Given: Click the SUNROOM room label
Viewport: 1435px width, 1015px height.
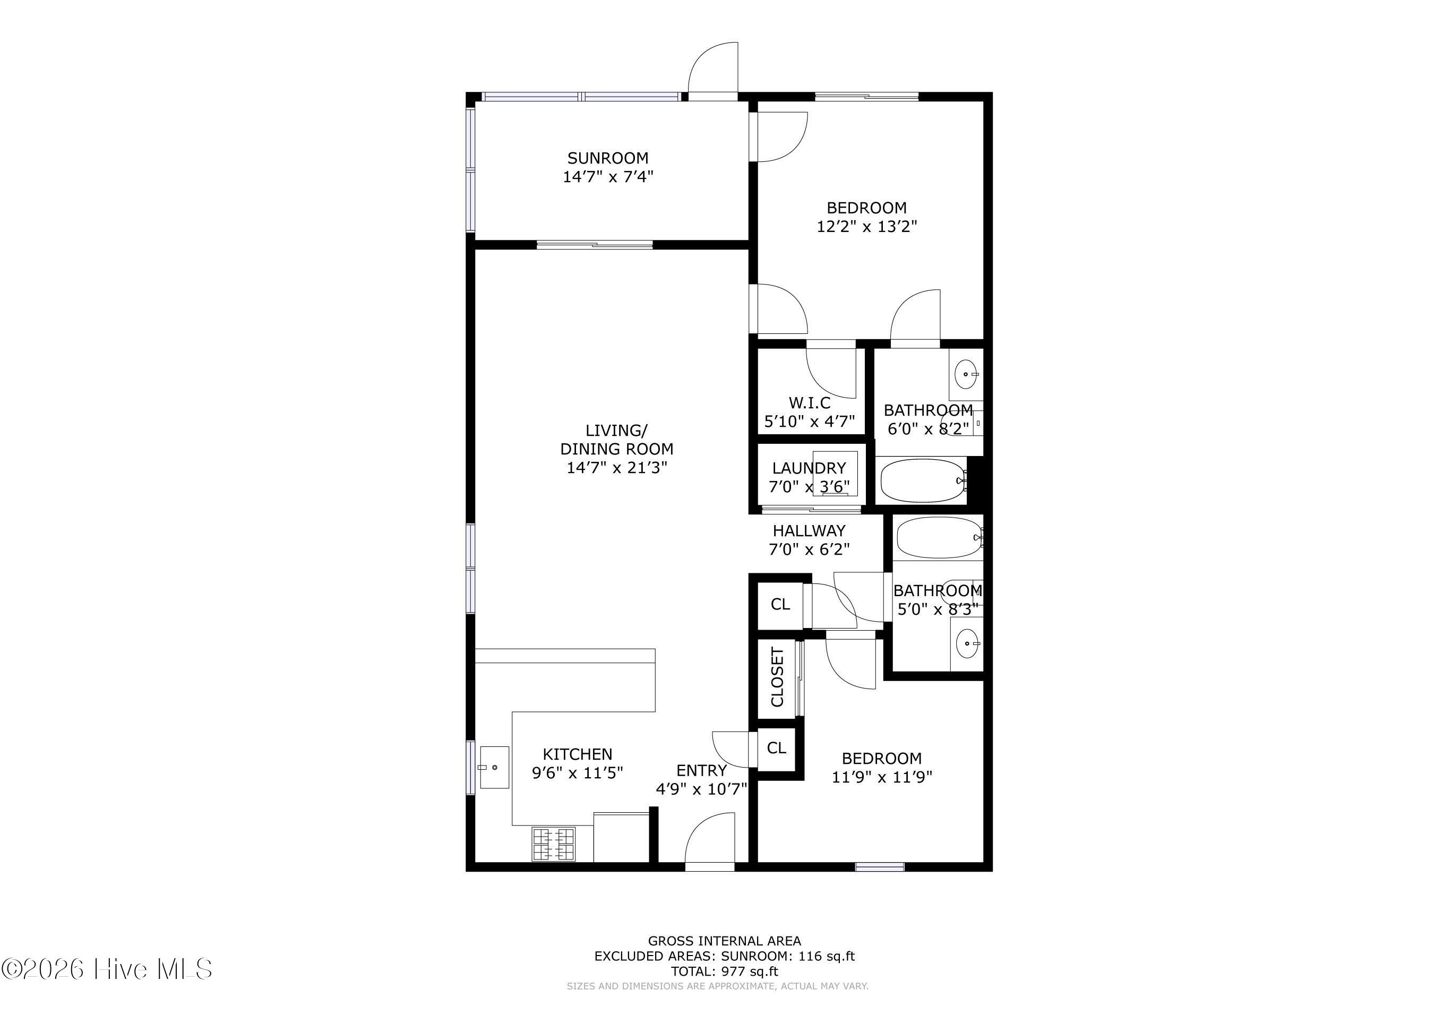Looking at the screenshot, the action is pyautogui.click(x=607, y=158).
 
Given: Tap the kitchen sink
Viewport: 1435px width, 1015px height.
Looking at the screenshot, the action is pyautogui.click(x=494, y=767).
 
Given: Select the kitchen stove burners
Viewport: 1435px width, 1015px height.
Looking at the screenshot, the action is pyautogui.click(x=553, y=845).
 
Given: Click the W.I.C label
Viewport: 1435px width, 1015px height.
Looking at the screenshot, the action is pyautogui.click(x=810, y=403).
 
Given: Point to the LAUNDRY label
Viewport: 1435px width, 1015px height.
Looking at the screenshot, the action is pyautogui.click(x=809, y=468).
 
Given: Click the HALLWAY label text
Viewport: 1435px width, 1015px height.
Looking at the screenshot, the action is pyautogui.click(x=809, y=531).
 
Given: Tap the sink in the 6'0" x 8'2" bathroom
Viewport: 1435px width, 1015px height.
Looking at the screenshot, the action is pyautogui.click(x=966, y=374).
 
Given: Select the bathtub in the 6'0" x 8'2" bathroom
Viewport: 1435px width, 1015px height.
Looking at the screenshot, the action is pyautogui.click(x=924, y=480).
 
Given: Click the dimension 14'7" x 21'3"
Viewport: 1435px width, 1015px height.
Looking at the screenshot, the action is pyautogui.click(x=617, y=468).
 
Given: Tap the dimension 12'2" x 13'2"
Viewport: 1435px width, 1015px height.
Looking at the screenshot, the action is pyautogui.click(x=867, y=226).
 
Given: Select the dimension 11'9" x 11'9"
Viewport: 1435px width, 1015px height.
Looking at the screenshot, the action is pyautogui.click(x=882, y=777).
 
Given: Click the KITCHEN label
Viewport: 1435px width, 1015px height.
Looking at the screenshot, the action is pyautogui.click(x=578, y=754).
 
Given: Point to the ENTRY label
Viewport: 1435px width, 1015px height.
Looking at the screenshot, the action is pyautogui.click(x=701, y=771).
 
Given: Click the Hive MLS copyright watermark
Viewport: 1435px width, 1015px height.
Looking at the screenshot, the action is pyautogui.click(x=107, y=969).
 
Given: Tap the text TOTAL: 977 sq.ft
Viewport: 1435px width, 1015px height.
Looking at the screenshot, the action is pyautogui.click(x=724, y=971).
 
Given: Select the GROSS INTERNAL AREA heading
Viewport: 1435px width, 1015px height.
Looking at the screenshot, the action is pyautogui.click(x=724, y=941).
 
